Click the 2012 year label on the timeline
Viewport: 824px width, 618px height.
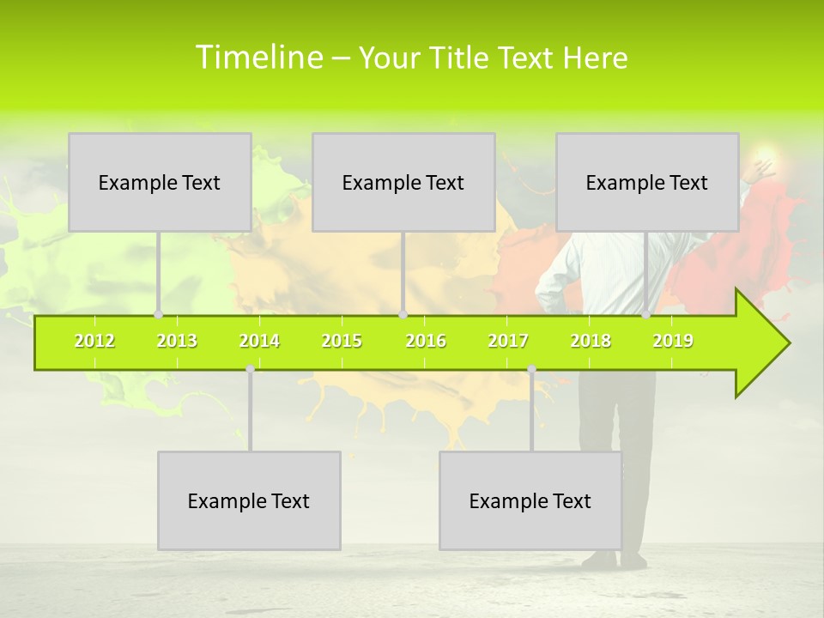coord(94,341)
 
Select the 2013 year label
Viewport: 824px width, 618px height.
coord(177,341)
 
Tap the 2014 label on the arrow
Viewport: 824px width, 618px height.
coord(259,341)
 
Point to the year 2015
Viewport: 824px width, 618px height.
coord(342,341)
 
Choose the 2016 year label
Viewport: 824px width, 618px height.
coord(426,341)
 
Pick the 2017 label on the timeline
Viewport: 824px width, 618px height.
coord(508,341)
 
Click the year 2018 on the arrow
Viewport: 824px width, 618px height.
coord(591,341)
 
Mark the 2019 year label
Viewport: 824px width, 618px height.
coord(673,341)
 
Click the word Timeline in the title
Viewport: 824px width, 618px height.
coord(258,58)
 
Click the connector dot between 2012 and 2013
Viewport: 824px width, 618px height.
coord(159,315)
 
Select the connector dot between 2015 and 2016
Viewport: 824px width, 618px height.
coord(403,315)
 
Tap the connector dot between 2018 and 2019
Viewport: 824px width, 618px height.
coord(646,315)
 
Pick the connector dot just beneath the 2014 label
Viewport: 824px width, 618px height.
coord(250,369)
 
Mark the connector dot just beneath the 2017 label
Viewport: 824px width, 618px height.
coord(531,369)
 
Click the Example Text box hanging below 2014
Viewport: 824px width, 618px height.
coord(249,500)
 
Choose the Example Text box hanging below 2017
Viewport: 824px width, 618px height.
coord(530,500)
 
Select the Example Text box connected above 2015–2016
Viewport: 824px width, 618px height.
coord(403,182)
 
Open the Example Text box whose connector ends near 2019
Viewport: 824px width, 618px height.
coord(647,182)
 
